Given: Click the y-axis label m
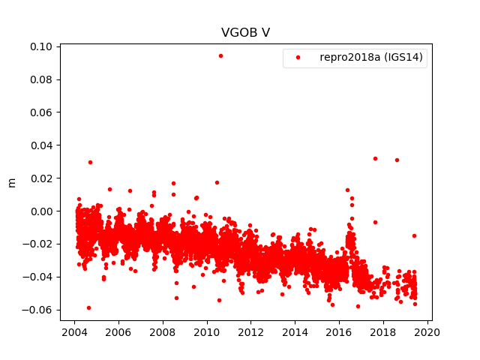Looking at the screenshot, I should click(x=11, y=182).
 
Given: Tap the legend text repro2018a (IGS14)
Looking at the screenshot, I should click(x=372, y=58).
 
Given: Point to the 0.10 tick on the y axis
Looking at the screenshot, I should click(x=42, y=46).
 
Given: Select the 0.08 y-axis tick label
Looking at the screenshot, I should click(x=42, y=79).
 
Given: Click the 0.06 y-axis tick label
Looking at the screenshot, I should click(x=42, y=112).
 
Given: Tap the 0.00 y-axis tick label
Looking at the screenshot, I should click(x=42, y=211).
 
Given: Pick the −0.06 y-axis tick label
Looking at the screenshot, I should click(x=39, y=310).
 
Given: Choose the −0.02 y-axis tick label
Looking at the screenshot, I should click(x=39, y=244).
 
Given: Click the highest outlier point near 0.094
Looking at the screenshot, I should click(x=220, y=55).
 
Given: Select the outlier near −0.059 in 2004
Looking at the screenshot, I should click(x=88, y=307).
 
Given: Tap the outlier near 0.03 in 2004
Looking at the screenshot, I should click(x=90, y=162).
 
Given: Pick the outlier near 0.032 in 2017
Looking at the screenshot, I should click(x=375, y=158).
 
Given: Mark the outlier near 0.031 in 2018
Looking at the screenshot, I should click(x=397, y=160).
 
